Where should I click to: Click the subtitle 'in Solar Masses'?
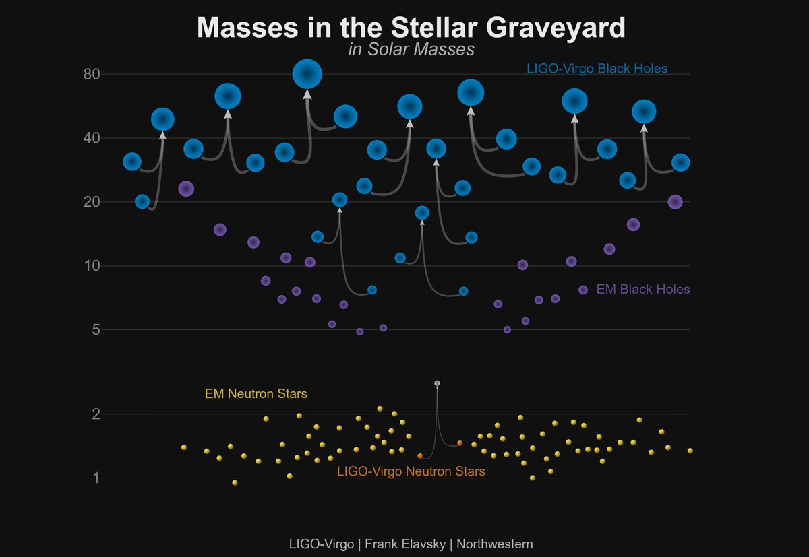point(411,50)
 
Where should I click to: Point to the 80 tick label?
point(92,74)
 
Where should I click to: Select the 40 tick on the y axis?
point(92,138)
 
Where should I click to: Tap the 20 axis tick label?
point(92,202)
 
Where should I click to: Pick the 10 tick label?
point(92,266)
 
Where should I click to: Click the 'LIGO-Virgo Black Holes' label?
point(597,69)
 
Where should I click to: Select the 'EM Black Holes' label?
point(643,290)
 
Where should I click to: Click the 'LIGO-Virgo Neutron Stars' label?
point(411,472)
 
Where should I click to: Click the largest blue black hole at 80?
point(307,73)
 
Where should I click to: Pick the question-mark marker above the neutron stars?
point(437,383)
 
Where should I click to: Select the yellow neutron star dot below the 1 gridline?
point(235,482)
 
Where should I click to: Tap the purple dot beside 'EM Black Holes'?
point(583,290)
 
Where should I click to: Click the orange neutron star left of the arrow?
point(420,456)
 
